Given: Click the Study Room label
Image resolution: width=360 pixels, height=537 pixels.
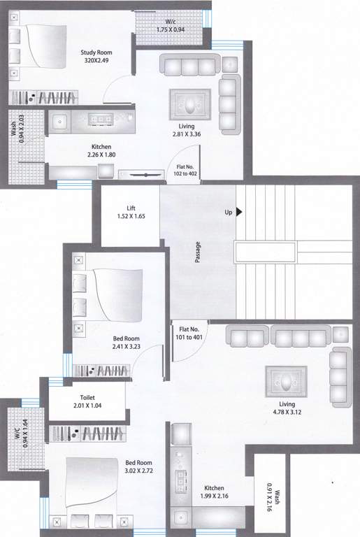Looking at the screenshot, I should [96, 53].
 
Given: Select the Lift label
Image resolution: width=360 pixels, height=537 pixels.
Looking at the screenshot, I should [131, 208].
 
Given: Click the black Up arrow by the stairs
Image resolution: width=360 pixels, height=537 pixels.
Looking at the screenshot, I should [239, 212].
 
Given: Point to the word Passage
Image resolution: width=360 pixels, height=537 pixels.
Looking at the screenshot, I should [198, 252].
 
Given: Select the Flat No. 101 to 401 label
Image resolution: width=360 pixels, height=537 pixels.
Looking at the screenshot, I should [190, 333].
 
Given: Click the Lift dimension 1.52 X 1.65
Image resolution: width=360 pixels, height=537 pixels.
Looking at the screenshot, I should [131, 217].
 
